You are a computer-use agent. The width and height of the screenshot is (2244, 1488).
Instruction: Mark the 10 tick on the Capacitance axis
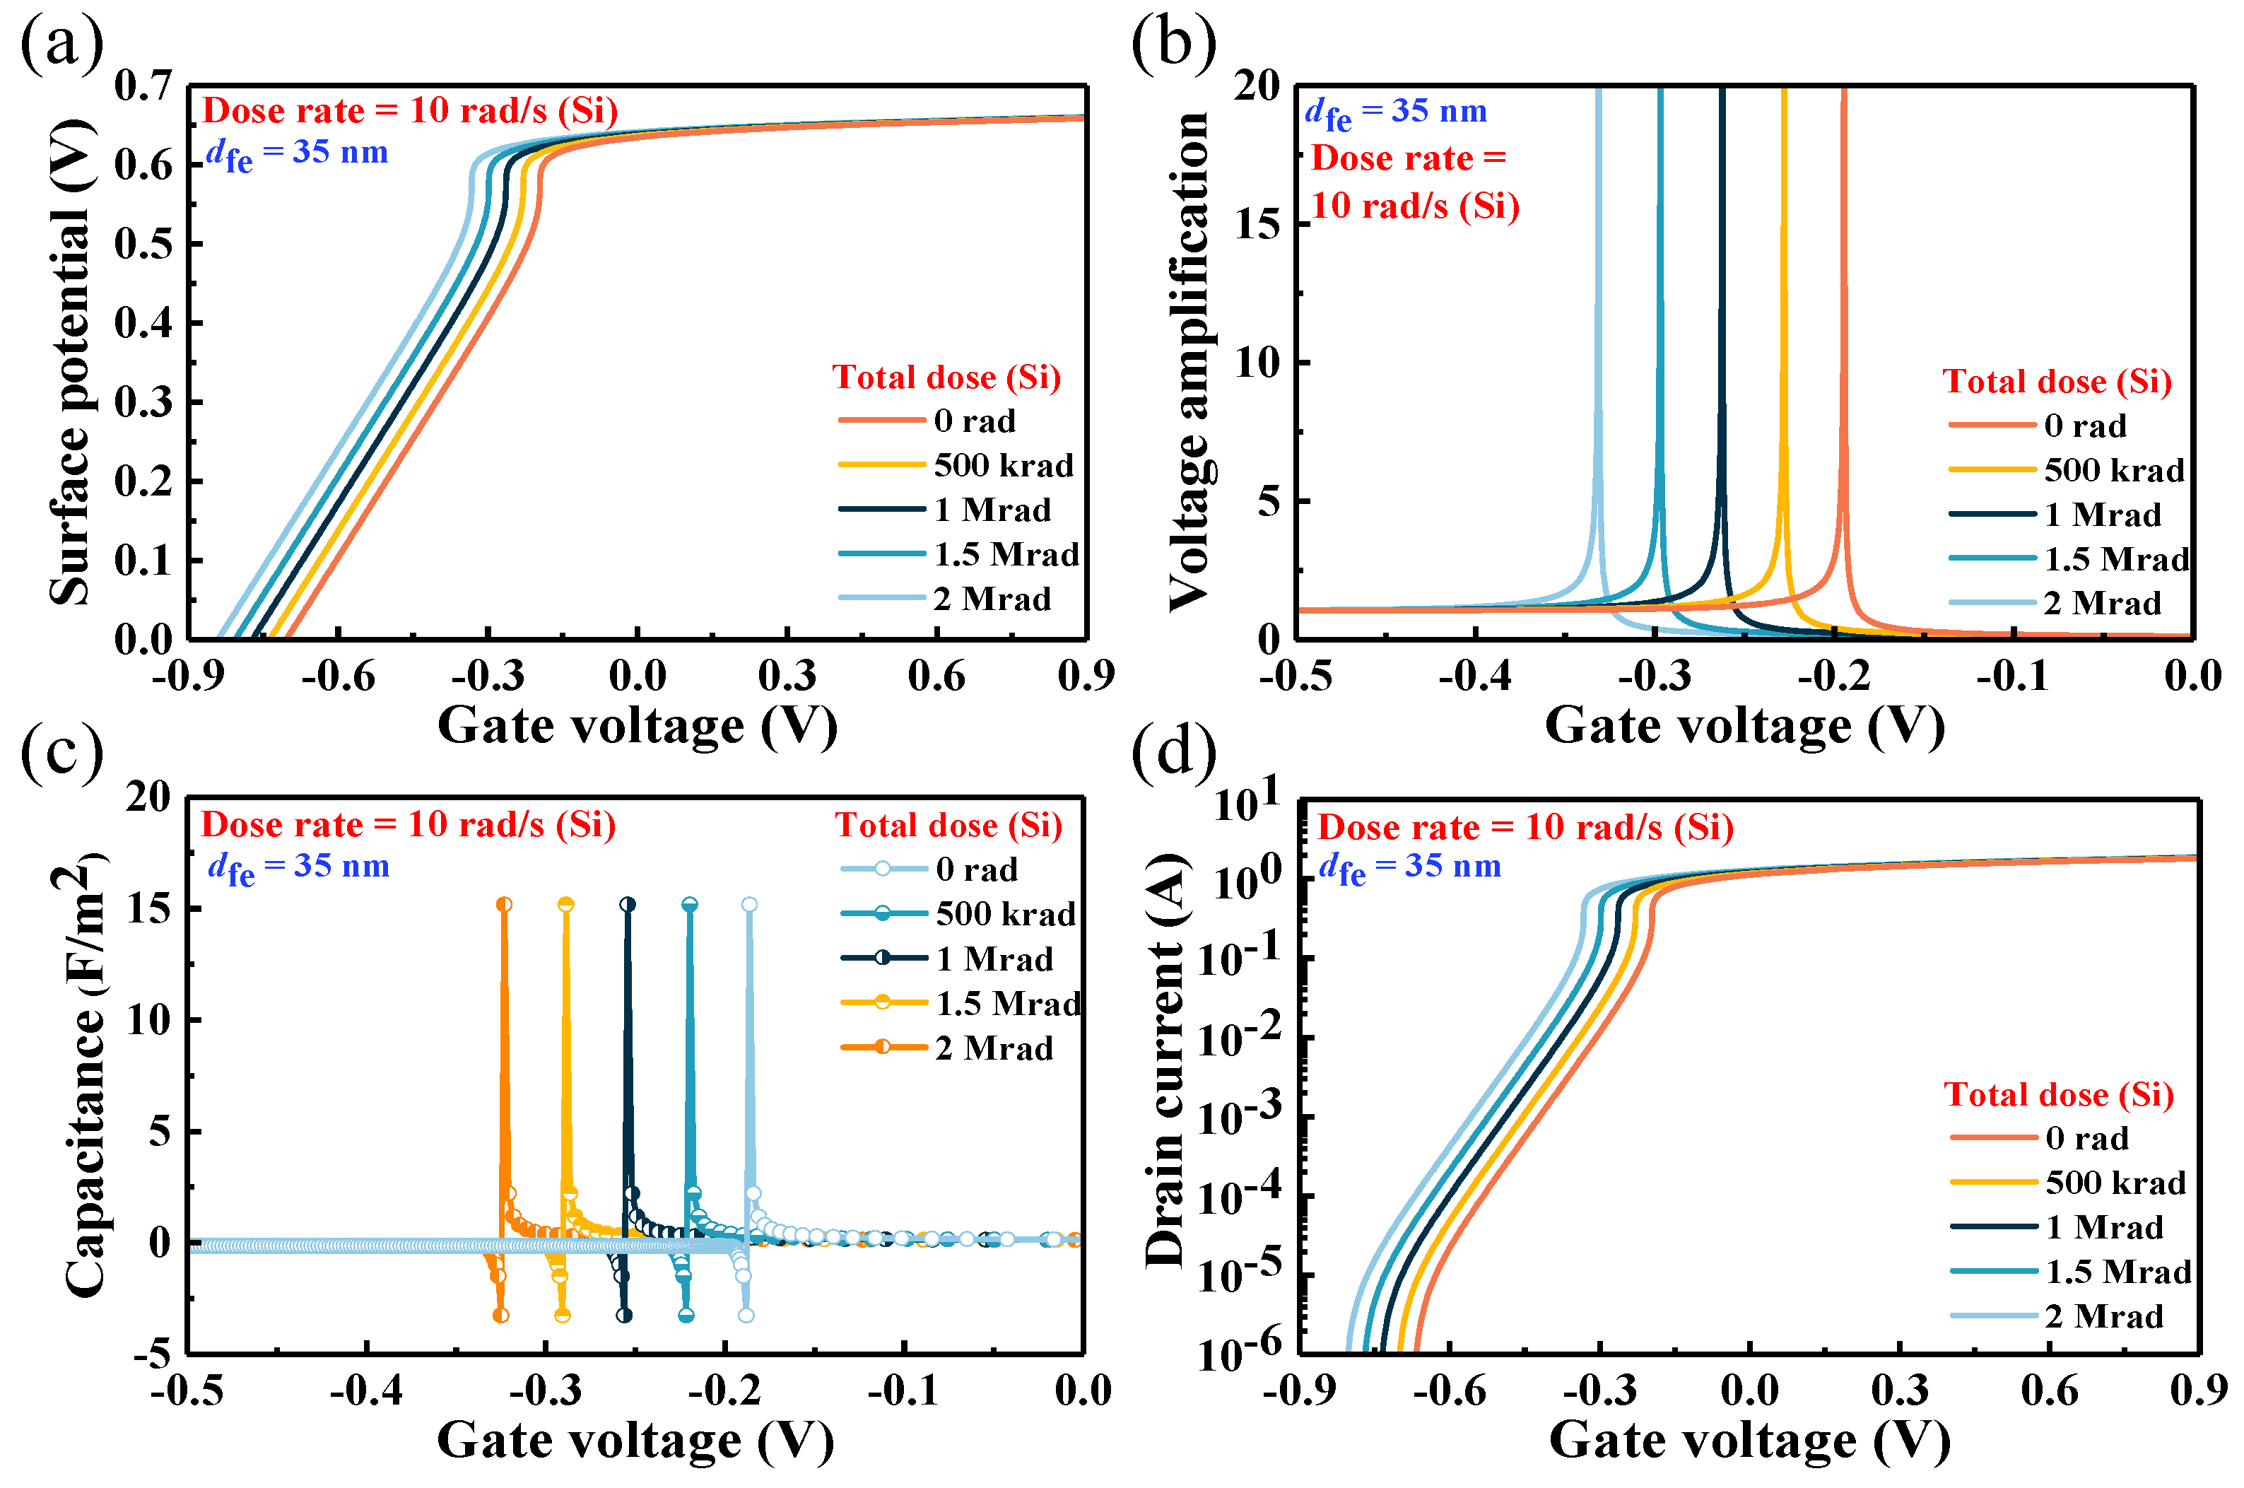(148, 1020)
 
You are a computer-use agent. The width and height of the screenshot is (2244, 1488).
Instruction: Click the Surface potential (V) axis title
(72, 361)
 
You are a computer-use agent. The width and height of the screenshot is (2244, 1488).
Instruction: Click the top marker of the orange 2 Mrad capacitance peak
(504, 904)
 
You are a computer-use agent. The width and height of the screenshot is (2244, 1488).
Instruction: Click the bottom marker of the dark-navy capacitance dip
(623, 1316)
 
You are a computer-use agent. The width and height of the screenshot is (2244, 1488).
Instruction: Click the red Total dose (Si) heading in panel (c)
(948, 825)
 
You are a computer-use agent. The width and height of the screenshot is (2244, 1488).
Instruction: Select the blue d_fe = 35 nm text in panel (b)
(1394, 112)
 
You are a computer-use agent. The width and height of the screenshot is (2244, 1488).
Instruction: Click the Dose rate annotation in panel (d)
(1525, 828)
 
